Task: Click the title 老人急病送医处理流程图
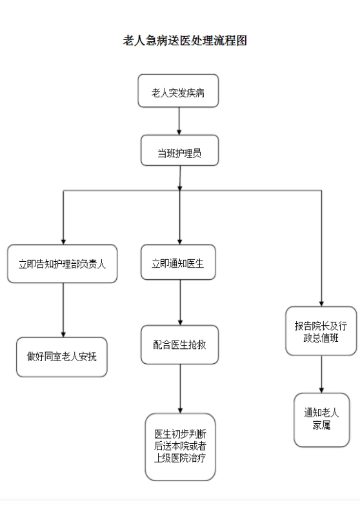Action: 185,41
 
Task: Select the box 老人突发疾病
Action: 178,91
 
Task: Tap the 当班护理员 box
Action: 179,150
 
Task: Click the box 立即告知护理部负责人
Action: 62,264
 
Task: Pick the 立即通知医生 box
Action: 178,262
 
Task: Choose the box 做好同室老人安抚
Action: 62,357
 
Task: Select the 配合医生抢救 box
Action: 180,344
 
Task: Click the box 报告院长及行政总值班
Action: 321,331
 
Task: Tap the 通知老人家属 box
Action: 322,420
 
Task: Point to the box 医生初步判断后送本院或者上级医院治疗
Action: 180,447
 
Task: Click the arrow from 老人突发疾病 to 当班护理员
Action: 179,121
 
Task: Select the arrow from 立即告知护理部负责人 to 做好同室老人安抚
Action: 63,310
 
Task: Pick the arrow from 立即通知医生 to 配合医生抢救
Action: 180,302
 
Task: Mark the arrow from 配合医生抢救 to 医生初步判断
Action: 180,389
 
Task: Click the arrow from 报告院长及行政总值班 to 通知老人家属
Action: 321,374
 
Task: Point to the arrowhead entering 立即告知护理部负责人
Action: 63,243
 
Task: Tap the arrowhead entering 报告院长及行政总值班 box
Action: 321,304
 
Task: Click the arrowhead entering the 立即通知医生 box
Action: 180,243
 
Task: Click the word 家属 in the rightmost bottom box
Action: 321,426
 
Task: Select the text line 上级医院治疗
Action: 180,458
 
